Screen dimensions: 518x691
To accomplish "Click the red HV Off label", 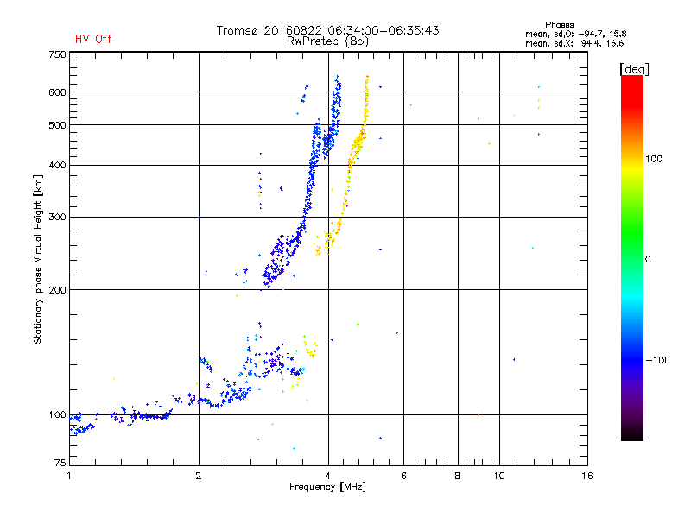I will (93, 39).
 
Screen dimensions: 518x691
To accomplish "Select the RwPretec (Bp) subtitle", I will (327, 41).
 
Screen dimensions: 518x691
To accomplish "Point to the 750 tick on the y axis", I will (57, 54).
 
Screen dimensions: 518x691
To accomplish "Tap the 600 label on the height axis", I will (57, 92).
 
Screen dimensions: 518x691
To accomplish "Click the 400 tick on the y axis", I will (57, 165).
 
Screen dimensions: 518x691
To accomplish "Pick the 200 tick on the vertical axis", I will (57, 290).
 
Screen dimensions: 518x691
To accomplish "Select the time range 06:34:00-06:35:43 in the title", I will (377, 30).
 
